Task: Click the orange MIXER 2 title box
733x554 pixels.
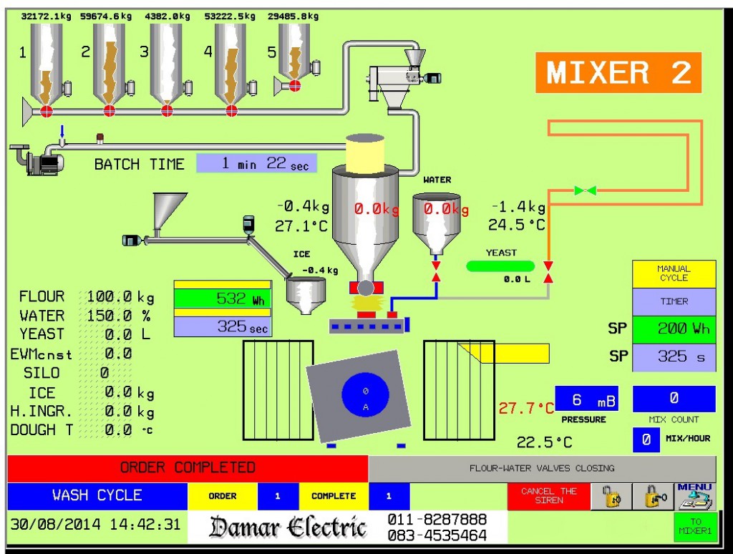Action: click(618, 73)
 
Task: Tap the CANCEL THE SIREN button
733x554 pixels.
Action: click(548, 495)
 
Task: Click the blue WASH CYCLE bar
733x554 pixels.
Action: click(97, 495)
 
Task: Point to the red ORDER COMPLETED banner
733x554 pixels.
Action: click(188, 468)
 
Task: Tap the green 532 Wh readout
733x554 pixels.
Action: click(223, 298)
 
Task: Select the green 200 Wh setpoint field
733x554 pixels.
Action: click(674, 329)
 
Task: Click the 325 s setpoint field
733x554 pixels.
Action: click(674, 356)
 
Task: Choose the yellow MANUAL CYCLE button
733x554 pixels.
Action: click(674, 273)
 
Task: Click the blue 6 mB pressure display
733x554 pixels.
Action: click(585, 399)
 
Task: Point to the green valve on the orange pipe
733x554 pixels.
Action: click(585, 190)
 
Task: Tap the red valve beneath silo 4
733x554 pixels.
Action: click(231, 110)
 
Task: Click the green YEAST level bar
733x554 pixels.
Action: click(501, 266)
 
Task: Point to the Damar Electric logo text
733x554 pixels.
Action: click(288, 528)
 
